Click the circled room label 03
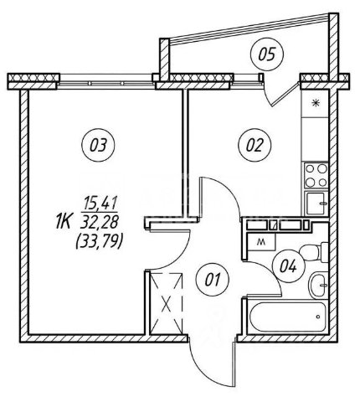click(x=98, y=145)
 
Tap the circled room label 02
click(x=255, y=145)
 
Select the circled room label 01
click(x=213, y=280)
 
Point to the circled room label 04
click(x=289, y=266)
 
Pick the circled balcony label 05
click(x=267, y=54)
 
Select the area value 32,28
click(x=100, y=223)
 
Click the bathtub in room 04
click(x=287, y=317)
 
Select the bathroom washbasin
click(x=318, y=286)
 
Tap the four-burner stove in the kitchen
click(x=316, y=175)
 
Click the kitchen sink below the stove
click(x=316, y=204)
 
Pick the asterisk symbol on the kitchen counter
click(x=316, y=103)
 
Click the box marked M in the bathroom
click(x=261, y=242)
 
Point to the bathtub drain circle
click(x=318, y=317)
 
